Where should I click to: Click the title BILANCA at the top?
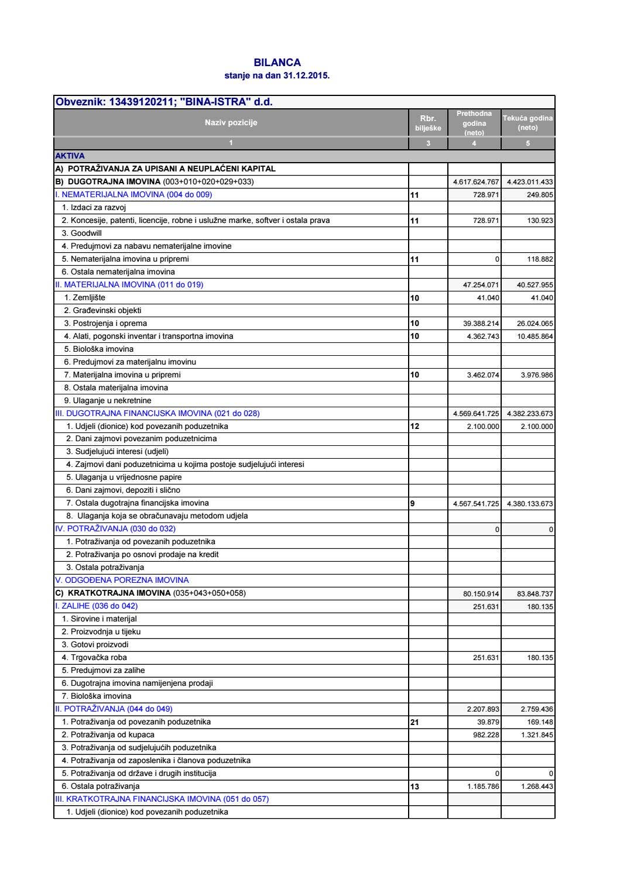pyautogui.click(x=277, y=63)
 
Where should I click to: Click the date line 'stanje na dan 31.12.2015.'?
pyautogui.click(x=277, y=75)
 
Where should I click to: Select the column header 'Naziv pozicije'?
pyautogui.click(x=231, y=122)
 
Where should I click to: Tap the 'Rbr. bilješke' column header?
pyautogui.click(x=428, y=123)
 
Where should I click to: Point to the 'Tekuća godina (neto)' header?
pyautogui.click(x=527, y=123)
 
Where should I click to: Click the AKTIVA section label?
pyautogui.click(x=70, y=156)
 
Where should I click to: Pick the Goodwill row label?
pyautogui.click(x=82, y=233)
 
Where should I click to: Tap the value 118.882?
pyautogui.click(x=540, y=259)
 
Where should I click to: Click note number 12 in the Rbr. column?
pyautogui.click(x=415, y=427)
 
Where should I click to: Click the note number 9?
pyautogui.click(x=413, y=503)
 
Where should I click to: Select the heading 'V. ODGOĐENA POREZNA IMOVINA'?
pyautogui.click(x=122, y=580)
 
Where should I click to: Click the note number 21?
pyautogui.click(x=415, y=722)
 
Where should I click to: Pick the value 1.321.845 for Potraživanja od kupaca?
pyautogui.click(x=537, y=735)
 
